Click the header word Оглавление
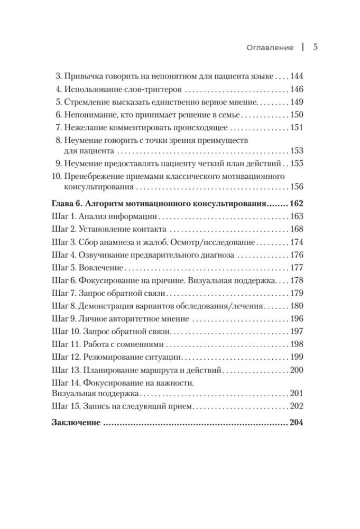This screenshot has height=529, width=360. point(270,48)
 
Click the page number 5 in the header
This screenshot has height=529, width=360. point(315,47)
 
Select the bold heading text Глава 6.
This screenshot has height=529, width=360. point(67,204)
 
